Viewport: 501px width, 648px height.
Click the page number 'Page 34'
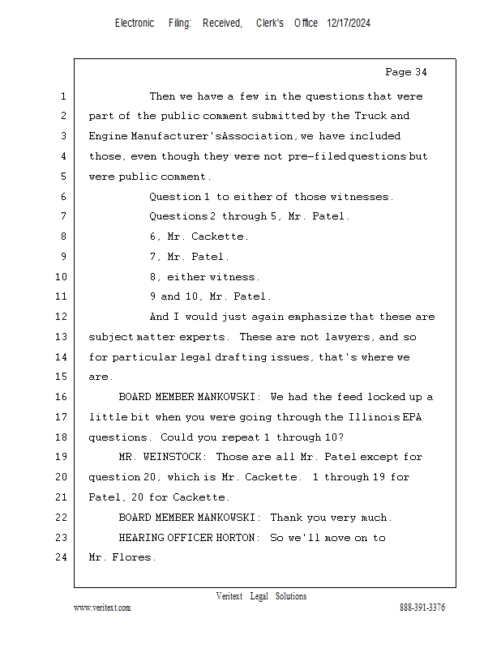pos(405,73)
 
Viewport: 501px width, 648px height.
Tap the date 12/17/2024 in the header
pos(349,23)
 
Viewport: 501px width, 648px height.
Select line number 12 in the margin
pos(62,317)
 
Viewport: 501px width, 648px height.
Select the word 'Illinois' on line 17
pos(372,417)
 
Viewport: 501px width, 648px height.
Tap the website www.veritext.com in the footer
pos(102,607)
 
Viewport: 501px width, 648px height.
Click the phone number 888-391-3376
pos(422,607)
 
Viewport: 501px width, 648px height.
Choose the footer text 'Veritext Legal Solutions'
pos(261,596)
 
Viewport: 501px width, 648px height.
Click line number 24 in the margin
pos(62,557)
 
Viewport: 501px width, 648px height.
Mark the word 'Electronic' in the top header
pos(135,23)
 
